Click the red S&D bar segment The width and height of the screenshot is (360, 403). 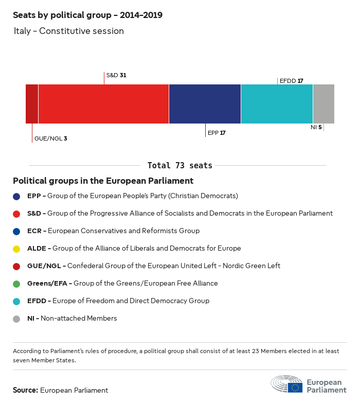(103, 104)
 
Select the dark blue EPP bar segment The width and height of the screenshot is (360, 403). (205, 104)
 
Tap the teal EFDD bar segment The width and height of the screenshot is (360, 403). (277, 104)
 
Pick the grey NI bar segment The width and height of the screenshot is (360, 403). (323, 104)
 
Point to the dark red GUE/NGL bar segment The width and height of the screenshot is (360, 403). (32, 104)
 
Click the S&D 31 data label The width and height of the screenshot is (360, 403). (116, 75)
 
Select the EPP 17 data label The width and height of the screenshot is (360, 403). (217, 133)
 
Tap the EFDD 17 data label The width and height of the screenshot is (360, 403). (291, 81)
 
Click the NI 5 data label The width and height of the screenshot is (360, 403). (316, 127)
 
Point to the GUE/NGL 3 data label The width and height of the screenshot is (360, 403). (50, 138)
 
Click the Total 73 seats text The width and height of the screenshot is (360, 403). (180, 165)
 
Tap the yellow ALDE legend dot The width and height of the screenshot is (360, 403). (16, 249)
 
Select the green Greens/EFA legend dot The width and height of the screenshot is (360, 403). (16, 284)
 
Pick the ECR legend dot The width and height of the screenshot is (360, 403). (16, 231)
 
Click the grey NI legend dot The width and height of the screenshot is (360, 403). (16, 319)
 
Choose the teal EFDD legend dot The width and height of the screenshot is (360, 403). (16, 301)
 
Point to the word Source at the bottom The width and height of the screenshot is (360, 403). (25, 390)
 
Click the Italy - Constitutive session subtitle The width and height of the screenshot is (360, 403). (68, 31)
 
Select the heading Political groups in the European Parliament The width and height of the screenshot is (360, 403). (103, 181)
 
